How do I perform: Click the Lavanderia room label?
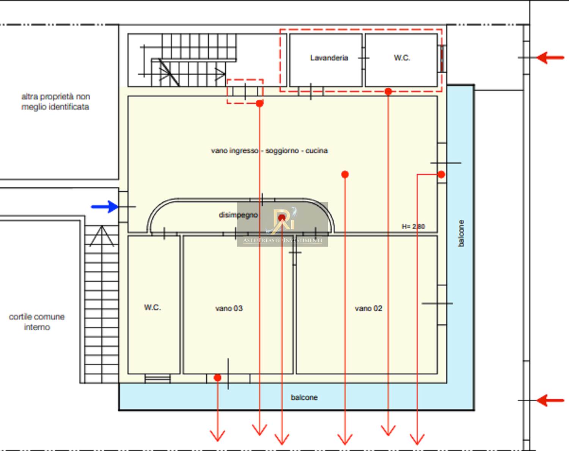[329, 58]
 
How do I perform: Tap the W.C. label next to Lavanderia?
[402, 58]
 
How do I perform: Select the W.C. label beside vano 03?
[152, 307]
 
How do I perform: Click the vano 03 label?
[229, 309]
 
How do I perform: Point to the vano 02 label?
[368, 309]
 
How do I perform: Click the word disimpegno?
[238, 215]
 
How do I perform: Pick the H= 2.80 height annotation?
[413, 227]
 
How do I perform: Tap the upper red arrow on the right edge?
[550, 58]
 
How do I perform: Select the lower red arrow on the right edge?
[550, 400]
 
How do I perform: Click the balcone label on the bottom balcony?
[304, 397]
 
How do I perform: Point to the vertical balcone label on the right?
[461, 233]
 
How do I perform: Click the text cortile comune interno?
[37, 322]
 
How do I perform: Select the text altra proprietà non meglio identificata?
[55, 102]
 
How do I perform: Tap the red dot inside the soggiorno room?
[345, 174]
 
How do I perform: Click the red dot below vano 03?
[217, 377]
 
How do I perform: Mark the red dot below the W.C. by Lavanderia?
[388, 91]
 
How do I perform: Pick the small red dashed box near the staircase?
[245, 91]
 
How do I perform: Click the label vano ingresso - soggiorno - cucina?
[269, 151]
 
